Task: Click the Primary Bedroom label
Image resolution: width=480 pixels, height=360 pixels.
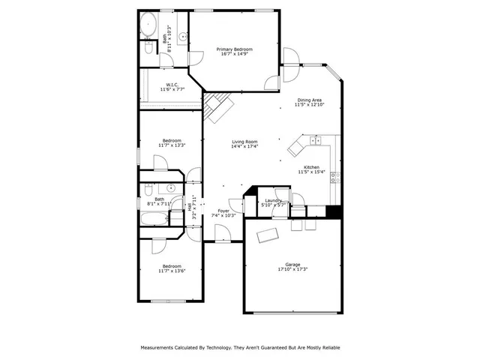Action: pos(235,49)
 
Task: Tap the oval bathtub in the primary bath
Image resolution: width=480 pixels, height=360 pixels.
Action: pos(148,22)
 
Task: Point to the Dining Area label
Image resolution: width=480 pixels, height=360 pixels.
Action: pos(309,100)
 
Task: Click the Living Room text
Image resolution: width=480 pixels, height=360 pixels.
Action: pos(244,142)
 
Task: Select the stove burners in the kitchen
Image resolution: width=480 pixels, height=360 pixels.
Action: pos(335,178)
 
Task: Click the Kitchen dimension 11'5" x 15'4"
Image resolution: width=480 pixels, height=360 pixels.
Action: pos(311,172)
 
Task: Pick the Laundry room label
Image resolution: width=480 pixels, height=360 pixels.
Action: pos(272,200)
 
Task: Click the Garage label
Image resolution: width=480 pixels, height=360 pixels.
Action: pos(292,264)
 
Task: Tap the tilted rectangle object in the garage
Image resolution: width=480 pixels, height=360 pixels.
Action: pos(266,235)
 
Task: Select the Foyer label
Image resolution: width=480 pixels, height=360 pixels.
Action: pos(223,211)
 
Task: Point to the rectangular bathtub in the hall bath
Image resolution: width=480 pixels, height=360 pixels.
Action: pos(154,220)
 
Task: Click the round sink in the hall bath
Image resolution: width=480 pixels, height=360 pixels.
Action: pos(171,188)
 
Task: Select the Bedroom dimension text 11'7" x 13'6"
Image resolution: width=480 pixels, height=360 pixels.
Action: pos(172,271)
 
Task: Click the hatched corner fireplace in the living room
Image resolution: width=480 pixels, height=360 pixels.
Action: pos(218,107)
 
